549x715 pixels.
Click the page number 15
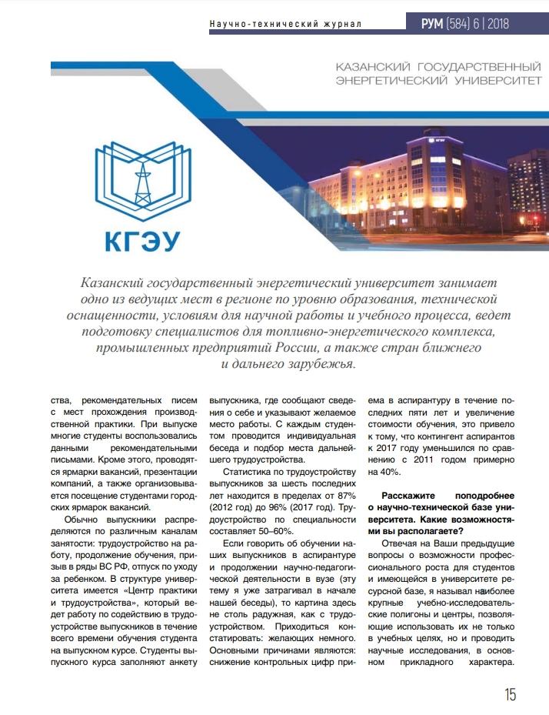coord(510,694)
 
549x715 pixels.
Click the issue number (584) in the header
coord(461,24)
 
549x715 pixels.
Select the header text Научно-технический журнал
coord(285,25)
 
